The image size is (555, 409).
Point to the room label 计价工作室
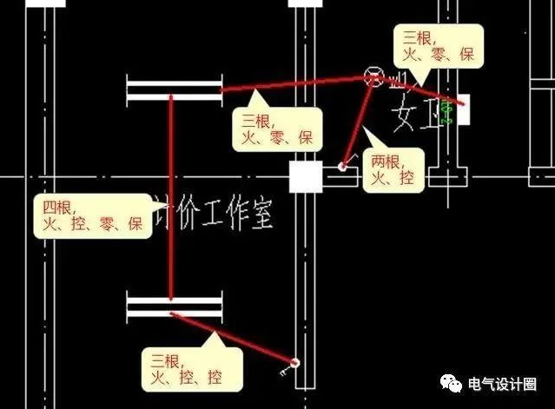pos(214,211)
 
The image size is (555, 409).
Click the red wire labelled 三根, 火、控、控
pos(235,337)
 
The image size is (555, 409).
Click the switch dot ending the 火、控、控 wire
pos(296,362)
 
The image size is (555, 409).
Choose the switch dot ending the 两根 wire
pos(343,165)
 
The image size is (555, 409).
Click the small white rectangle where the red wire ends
pos(464,109)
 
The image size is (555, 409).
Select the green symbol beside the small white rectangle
pos(447,111)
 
